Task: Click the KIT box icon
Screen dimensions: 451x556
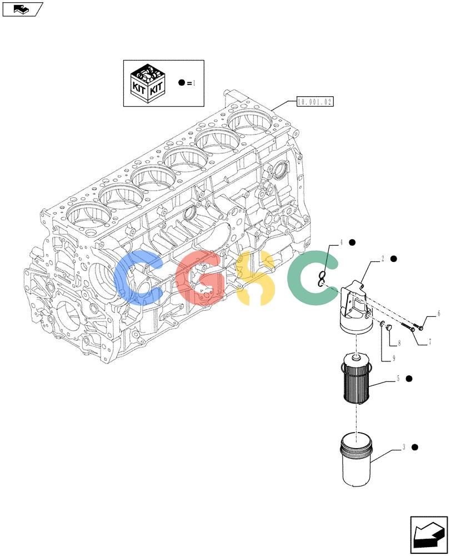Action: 147,84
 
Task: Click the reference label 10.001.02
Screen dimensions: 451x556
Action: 315,102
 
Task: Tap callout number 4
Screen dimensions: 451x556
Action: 341,243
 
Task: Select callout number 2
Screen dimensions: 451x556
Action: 383,259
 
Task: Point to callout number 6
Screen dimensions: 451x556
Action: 439,313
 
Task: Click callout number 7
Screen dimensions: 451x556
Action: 430,342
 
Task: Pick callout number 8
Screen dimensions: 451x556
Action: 399,343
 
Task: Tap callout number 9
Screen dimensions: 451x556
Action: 394,359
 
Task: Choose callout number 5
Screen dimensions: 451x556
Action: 398,379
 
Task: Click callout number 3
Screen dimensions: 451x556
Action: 404,448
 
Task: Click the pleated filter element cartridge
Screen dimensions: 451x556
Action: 355,378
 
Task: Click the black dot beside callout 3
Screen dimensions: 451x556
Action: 414,447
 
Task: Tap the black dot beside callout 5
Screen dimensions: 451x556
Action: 409,379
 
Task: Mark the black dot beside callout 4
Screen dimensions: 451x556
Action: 352,242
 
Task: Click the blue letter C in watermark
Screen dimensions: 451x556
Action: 138,279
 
